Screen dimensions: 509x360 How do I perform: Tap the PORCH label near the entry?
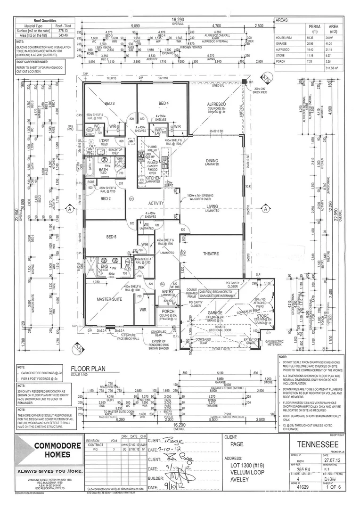[x=168, y=312]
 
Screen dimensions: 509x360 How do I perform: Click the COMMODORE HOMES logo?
[x=49, y=450]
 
